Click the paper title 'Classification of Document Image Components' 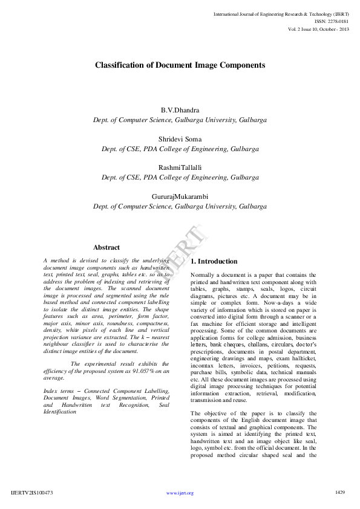[180, 64]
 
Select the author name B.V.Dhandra [180, 110]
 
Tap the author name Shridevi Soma [180, 138]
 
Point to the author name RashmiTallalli [180, 167]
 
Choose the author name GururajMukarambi [180, 196]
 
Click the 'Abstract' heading [106, 247]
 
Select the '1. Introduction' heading [214, 261]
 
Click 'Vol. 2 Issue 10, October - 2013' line [318, 29]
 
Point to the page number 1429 [340, 493]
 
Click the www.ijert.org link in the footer [180, 493]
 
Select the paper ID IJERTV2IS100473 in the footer [32, 493]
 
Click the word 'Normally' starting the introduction [204, 275]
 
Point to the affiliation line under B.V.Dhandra [180, 120]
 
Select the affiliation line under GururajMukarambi [180, 206]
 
